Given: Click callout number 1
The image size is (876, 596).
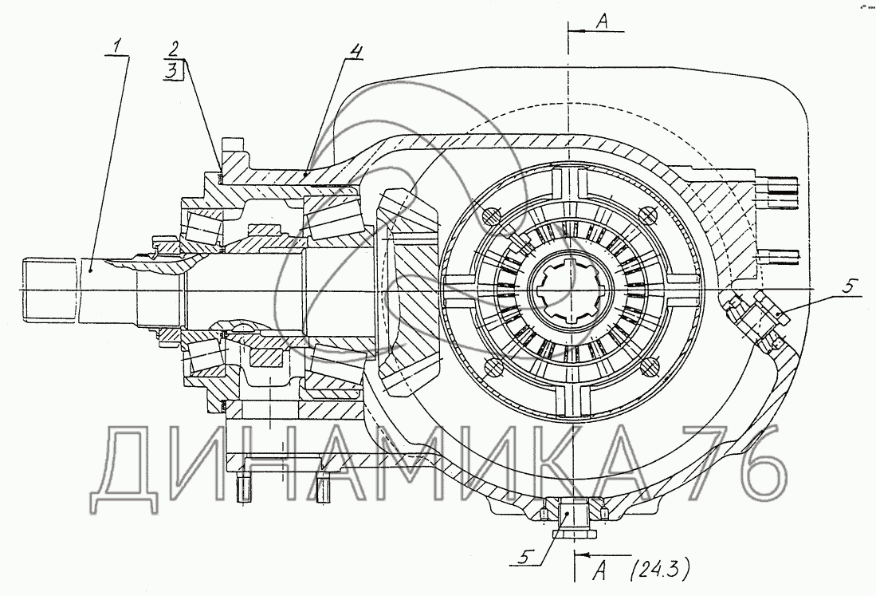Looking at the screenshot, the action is (x=116, y=46).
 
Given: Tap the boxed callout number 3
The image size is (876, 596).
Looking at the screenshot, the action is (x=173, y=70).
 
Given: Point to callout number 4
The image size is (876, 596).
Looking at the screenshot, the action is (x=356, y=51).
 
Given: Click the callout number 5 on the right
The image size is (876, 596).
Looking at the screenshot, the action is (x=848, y=287).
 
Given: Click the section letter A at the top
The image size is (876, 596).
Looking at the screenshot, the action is (x=603, y=21).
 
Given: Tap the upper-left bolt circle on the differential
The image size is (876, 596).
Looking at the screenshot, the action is (x=489, y=215).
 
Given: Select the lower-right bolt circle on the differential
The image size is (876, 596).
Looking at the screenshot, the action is (x=648, y=366).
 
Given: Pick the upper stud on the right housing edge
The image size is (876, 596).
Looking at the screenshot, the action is (x=780, y=192).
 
